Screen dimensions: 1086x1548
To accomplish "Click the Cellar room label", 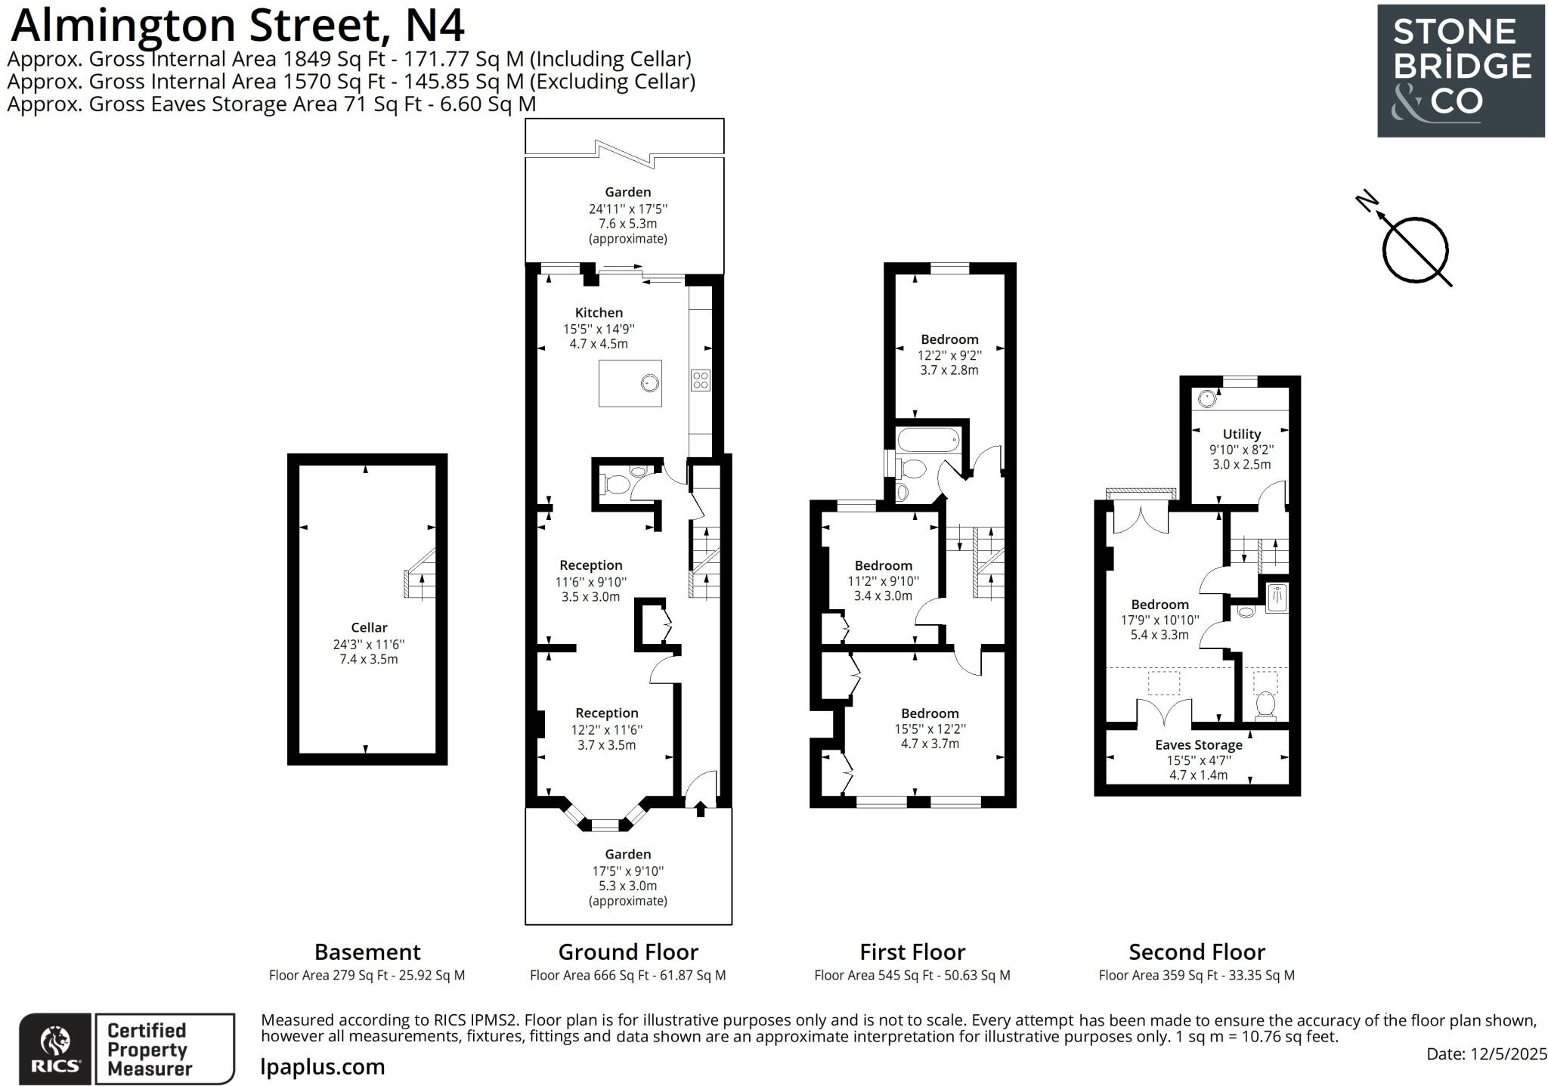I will (x=369, y=627).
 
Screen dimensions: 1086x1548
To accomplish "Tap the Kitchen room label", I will (x=599, y=312).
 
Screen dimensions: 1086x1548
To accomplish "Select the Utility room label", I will (x=1241, y=434).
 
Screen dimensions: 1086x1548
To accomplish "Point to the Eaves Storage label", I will (x=1198, y=744).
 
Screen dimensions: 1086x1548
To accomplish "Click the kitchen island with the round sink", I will (x=630, y=383).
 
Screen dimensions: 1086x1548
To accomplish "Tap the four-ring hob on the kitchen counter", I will (x=700, y=379).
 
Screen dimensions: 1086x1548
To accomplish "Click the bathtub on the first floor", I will (x=927, y=440).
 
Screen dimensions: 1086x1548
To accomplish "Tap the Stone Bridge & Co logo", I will (x=1460, y=70).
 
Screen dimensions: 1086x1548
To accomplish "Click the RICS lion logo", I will (x=54, y=1049).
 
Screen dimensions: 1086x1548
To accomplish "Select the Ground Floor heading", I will (x=627, y=951).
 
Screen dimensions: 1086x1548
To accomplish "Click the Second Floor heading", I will (x=1197, y=951).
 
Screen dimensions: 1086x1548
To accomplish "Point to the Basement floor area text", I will (x=367, y=975).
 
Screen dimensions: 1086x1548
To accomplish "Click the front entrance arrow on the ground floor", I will (x=700, y=809).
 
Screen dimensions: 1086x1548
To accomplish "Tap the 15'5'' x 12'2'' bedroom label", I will (x=930, y=713).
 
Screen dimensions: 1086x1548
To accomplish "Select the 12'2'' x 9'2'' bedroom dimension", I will (x=949, y=355).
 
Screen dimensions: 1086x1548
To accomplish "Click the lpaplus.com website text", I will (x=323, y=1066).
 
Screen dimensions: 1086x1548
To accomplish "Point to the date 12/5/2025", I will (x=1486, y=1054).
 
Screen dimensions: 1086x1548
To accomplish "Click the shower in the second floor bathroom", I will (x=1277, y=597).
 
